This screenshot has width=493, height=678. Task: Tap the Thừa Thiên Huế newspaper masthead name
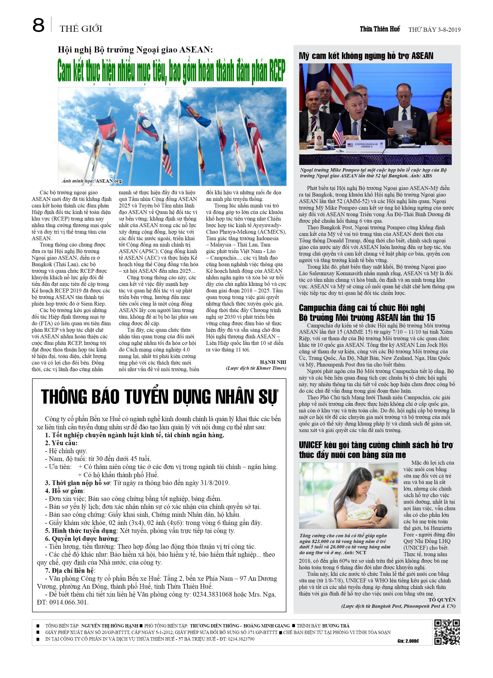[x=379, y=29]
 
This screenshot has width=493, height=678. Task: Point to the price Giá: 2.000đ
[x=408, y=641]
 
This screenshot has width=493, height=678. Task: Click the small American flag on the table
[x=338, y=133]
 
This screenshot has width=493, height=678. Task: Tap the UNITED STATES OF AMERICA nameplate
[x=366, y=145]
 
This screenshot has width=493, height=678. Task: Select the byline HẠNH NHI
[x=273, y=362]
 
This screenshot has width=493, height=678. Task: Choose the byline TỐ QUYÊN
[x=442, y=600]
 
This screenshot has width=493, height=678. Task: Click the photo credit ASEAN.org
[x=109, y=181]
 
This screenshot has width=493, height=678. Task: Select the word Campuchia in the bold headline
[x=317, y=308]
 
